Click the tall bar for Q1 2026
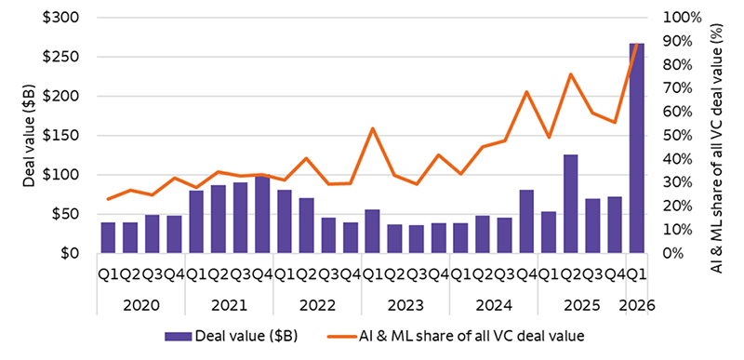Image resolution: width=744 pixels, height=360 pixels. (636, 149)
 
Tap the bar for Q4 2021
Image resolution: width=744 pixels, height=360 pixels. (262, 215)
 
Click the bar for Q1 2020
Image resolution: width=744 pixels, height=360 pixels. (108, 238)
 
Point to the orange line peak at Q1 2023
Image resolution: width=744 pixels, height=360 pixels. (372, 128)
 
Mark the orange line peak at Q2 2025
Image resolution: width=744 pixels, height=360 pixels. (570, 74)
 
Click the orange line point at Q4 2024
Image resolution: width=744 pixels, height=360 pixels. (526, 92)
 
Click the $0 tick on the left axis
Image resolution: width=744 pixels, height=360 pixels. (78, 253)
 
